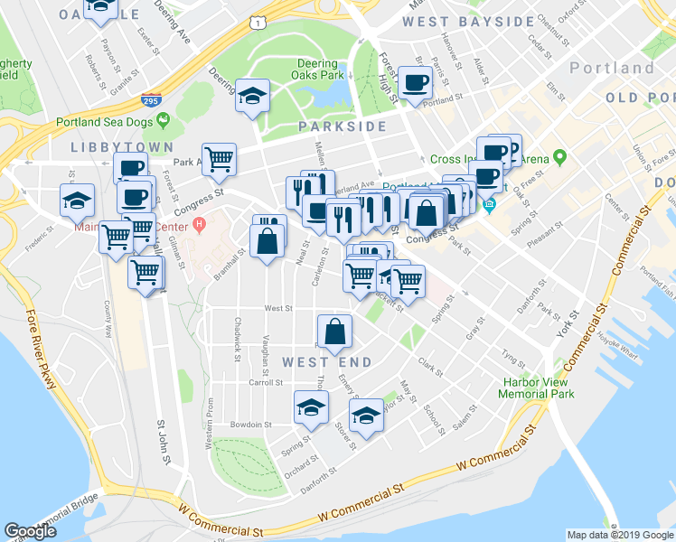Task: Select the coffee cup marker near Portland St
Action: (x=416, y=84)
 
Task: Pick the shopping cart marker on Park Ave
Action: (x=220, y=160)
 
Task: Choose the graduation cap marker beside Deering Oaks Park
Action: (x=252, y=95)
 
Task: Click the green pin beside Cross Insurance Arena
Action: (x=559, y=160)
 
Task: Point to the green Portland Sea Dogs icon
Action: (x=164, y=119)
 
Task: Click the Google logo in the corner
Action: (x=31, y=531)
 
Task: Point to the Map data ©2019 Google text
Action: (x=619, y=535)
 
